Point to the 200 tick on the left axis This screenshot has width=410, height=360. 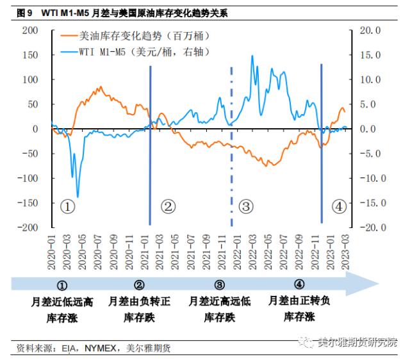[30, 30]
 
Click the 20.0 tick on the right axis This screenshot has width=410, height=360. [372, 30]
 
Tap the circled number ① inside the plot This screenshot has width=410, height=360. [68, 206]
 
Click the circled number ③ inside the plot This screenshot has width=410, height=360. [246, 206]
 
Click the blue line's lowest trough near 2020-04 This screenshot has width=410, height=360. [78, 197]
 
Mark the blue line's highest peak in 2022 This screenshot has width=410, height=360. [252, 56]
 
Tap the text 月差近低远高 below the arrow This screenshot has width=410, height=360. [63, 301]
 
